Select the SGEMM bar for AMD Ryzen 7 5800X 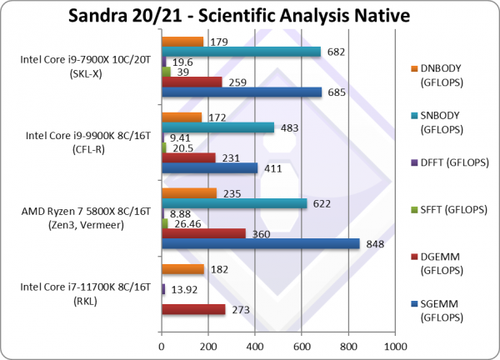260,244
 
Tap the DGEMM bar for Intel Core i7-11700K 192,309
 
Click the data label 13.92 183,288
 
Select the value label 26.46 185,223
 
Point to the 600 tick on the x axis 302,343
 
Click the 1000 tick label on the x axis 395,343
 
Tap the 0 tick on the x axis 161,343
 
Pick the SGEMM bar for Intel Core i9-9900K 209,167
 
